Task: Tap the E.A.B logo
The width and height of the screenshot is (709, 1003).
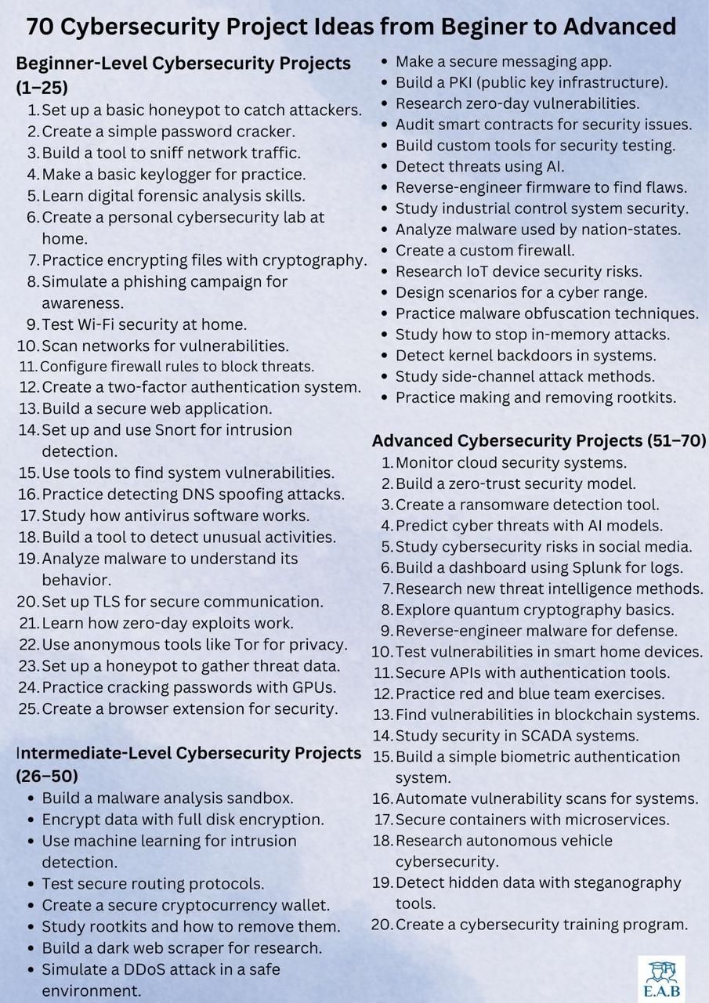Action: pyautogui.click(x=661, y=979)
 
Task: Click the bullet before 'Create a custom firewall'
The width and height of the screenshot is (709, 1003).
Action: pyautogui.click(x=383, y=251)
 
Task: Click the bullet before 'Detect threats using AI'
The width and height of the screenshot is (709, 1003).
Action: pyautogui.click(x=383, y=166)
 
